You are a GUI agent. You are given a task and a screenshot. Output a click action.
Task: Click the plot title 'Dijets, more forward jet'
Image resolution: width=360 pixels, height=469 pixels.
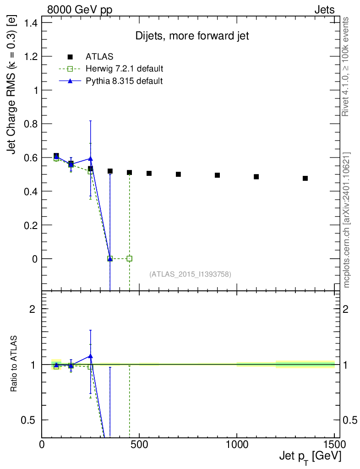[192, 36]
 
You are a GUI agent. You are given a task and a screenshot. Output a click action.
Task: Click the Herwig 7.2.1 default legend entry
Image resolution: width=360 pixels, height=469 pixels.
[124, 69]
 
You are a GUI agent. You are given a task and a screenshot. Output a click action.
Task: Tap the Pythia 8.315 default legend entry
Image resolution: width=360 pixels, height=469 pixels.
[124, 81]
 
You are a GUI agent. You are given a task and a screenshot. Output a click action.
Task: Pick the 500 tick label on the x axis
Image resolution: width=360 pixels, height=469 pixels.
[139, 444]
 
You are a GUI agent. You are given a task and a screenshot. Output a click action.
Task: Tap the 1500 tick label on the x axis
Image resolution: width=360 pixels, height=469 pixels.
[333, 444]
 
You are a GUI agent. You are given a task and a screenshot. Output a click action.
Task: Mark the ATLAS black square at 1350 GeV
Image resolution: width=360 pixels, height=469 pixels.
[305, 178]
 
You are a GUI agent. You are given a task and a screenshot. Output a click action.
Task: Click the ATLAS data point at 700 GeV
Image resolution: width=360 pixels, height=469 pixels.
[178, 174]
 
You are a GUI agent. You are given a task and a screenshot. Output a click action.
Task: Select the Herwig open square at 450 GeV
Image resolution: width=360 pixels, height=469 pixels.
[130, 258]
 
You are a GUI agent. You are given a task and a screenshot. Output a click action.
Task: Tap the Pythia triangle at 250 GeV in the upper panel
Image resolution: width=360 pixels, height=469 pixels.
[91, 158]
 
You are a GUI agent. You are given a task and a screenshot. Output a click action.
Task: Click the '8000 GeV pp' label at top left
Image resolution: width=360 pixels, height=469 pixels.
[80, 10]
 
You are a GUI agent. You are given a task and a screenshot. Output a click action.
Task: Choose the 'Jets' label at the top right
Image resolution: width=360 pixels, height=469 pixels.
[324, 10]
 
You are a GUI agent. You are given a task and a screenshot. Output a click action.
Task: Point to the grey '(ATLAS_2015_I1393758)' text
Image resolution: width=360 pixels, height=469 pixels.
[190, 274]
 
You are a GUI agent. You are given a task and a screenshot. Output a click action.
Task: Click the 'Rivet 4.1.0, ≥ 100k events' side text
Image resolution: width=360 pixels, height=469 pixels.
[346, 66]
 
